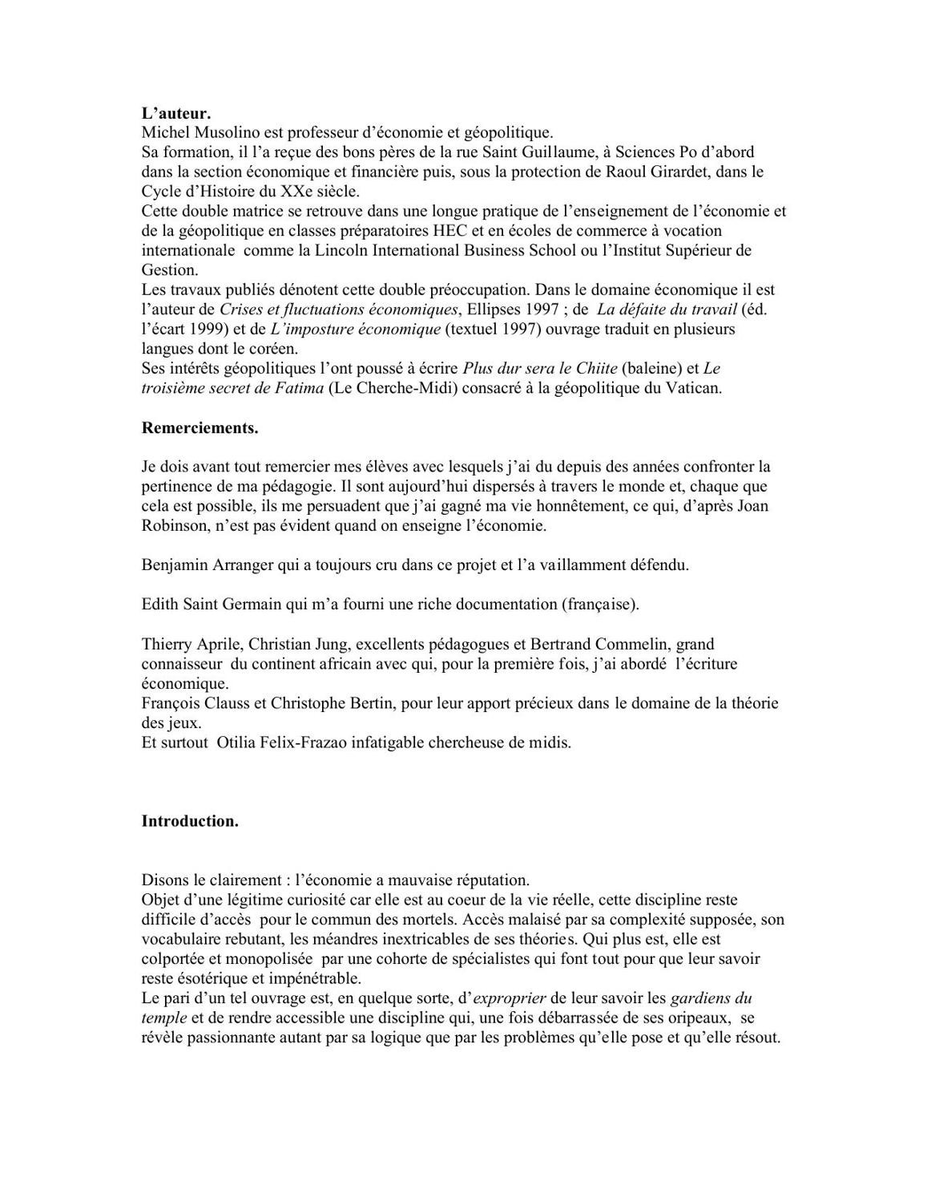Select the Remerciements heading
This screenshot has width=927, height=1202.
pyautogui.click(x=200, y=427)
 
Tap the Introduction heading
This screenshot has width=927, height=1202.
pyautogui.click(x=190, y=821)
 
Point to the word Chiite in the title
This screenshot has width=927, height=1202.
pyautogui.click(x=595, y=369)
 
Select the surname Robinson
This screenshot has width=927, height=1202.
pyautogui.click(x=174, y=526)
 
